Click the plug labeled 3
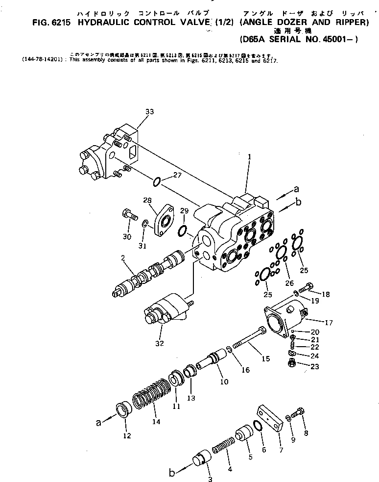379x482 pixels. pos(201,460)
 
